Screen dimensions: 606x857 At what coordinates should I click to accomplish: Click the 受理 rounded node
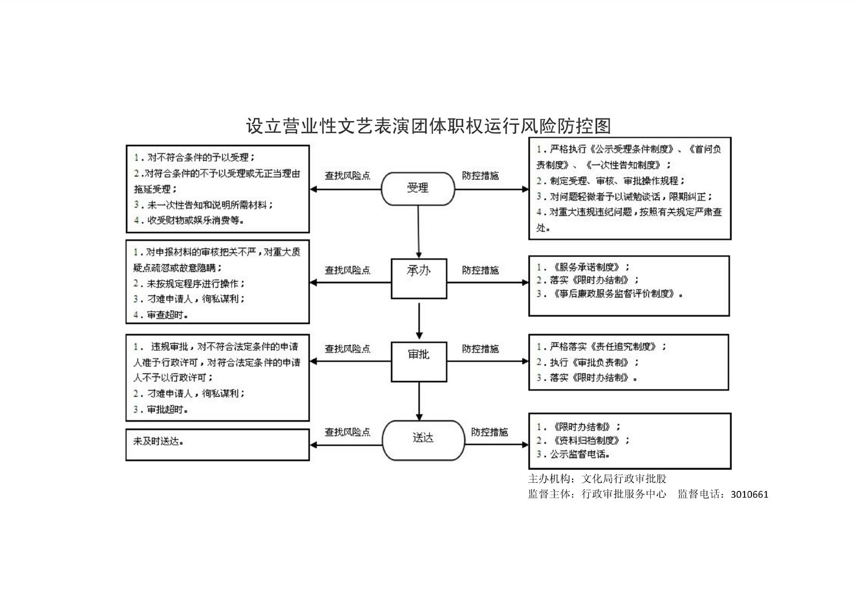pos(418,188)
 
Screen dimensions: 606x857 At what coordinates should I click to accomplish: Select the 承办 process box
pos(418,279)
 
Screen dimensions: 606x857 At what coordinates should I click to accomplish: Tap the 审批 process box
pos(418,361)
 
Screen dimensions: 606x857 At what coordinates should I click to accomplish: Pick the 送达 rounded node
pos(423,440)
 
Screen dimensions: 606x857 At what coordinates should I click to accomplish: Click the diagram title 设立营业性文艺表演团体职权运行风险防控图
pos(428,126)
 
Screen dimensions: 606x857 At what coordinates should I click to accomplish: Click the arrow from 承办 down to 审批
pos(419,320)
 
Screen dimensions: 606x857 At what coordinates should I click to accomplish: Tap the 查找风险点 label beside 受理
pos(347,176)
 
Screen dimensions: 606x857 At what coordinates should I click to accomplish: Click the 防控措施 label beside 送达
pos(489,432)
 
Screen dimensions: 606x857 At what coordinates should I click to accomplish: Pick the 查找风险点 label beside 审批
pos(347,349)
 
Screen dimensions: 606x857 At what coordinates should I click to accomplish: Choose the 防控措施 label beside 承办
pos(480,271)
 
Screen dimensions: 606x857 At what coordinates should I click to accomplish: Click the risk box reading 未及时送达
pos(217,444)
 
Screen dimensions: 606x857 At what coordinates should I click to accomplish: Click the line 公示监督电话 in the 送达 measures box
pos(573,454)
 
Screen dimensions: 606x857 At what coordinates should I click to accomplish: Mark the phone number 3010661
pos(749,495)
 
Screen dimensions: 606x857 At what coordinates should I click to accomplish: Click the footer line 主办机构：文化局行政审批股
pos(597,479)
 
